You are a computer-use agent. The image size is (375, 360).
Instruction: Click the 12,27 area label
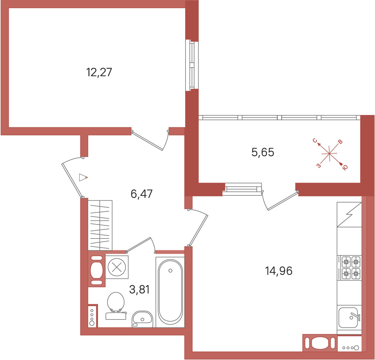tap(99, 72)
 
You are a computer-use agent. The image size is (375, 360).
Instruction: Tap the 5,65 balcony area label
tap(263, 152)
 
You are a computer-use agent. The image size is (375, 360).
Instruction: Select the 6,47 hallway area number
tap(141, 194)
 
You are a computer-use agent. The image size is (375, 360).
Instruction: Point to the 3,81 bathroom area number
tap(139, 289)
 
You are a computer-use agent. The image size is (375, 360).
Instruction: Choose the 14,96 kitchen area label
tap(279, 271)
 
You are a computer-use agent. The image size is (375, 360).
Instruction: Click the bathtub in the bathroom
tap(170, 292)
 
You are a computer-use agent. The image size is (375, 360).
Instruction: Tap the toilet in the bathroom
tap(116, 306)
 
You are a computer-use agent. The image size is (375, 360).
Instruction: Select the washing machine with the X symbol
tap(117, 267)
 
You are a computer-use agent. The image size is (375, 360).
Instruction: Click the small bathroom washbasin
tap(142, 319)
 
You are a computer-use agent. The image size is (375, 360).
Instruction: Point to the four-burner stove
tap(351, 268)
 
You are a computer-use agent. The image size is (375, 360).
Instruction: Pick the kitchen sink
tap(350, 318)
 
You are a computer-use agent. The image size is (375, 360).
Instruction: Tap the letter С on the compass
tap(315, 140)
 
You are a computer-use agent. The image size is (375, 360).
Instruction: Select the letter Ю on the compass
tap(345, 168)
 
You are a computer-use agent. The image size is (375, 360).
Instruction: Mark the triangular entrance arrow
tap(83, 177)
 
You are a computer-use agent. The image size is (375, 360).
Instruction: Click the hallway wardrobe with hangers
tap(100, 225)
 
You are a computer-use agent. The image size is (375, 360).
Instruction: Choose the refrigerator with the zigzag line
tap(349, 215)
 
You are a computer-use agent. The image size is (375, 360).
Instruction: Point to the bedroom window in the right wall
tap(192, 65)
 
